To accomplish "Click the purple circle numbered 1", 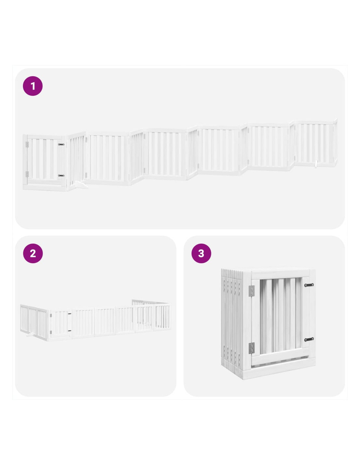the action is click(x=33, y=86).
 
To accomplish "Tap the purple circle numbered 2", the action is click(x=33, y=253).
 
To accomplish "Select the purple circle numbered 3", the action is click(x=201, y=253).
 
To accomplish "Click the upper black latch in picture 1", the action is click(x=61, y=145).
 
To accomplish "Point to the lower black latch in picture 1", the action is click(x=61, y=176).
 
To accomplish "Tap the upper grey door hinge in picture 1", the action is click(x=27, y=145).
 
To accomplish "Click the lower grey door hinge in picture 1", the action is click(x=27, y=174).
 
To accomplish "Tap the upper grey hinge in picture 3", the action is click(x=251, y=291).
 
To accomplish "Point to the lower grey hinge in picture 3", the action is click(x=251, y=348).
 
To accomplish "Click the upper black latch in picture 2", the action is click(x=70, y=314).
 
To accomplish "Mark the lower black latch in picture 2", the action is click(x=70, y=331).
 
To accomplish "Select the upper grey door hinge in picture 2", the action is click(x=51, y=316).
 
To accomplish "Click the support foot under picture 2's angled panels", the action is click(x=30, y=335).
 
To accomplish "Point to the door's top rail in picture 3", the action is click(x=280, y=274).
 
